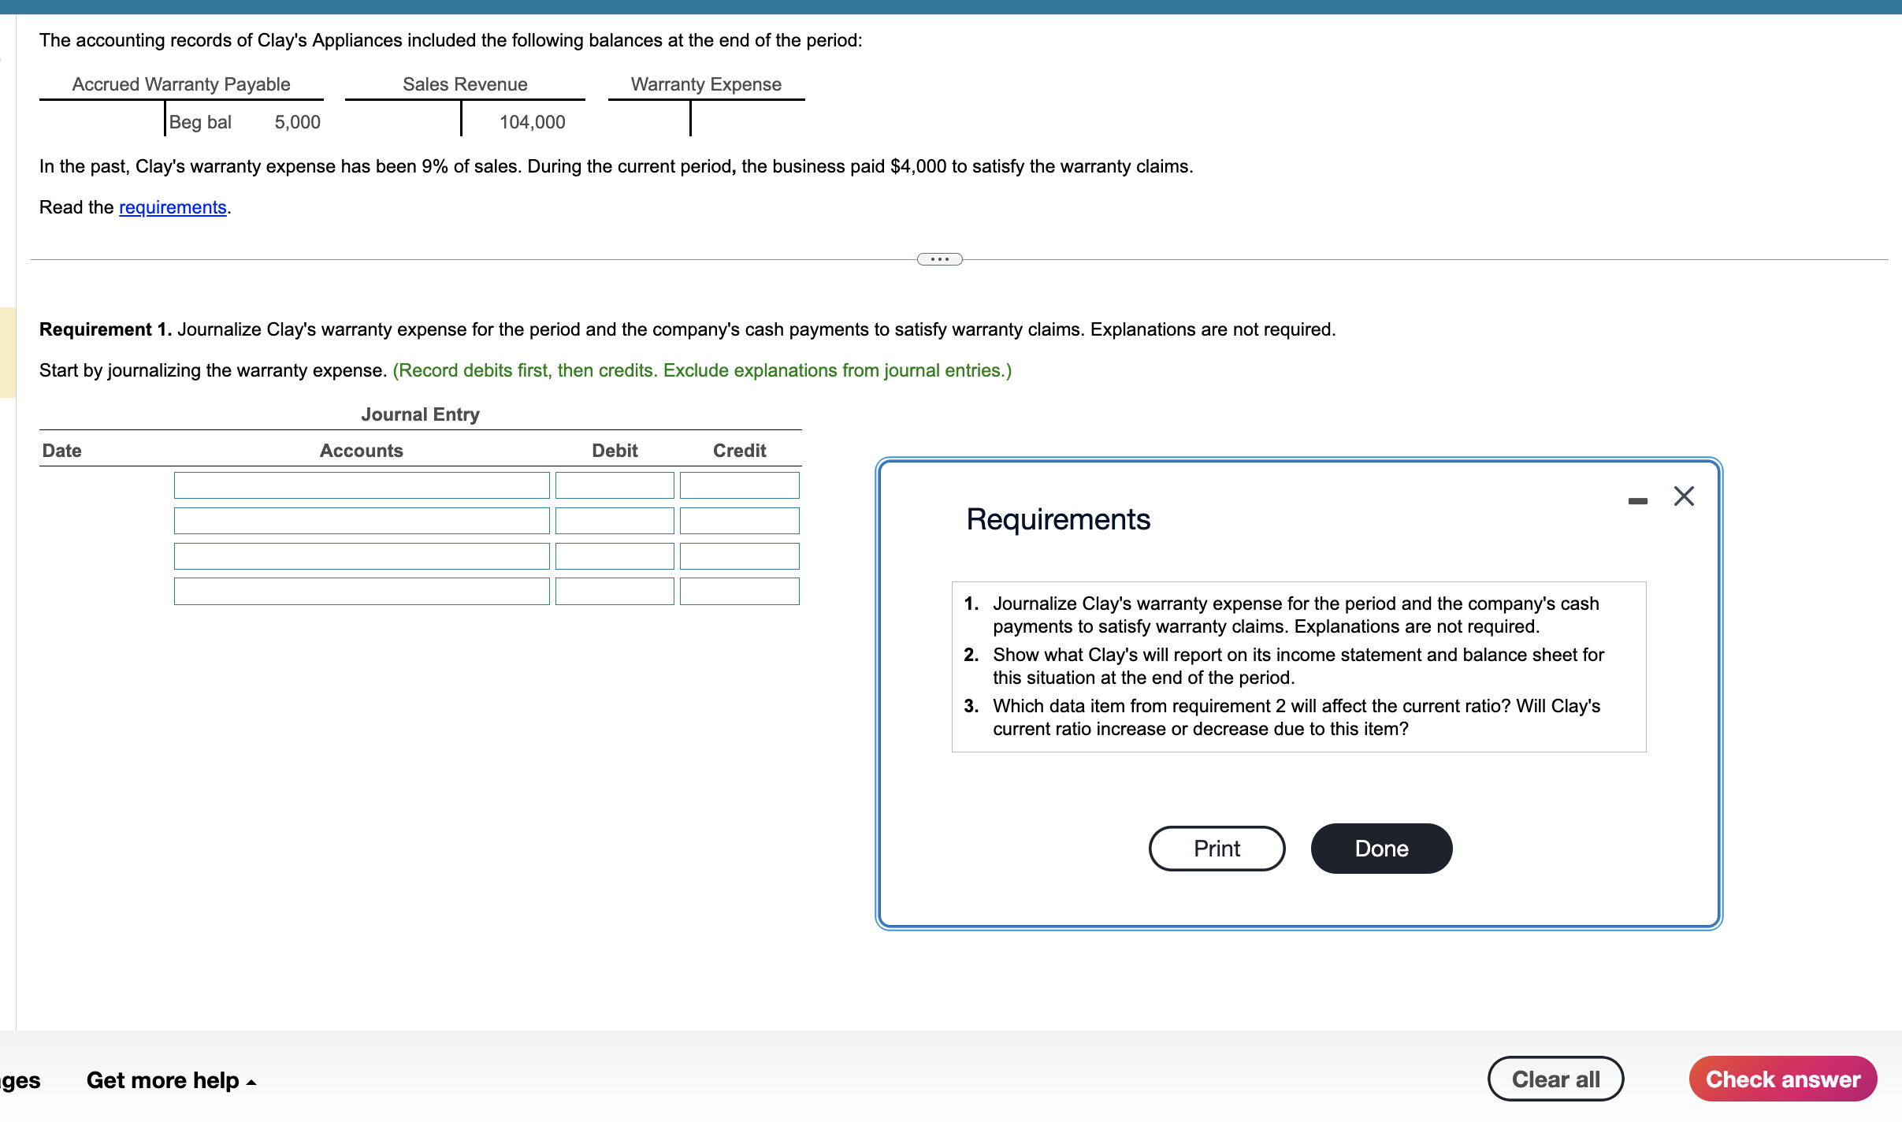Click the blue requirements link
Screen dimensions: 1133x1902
tap(173, 207)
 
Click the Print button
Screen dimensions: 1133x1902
tap(1217, 849)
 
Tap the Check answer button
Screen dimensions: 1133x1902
tap(1782, 1079)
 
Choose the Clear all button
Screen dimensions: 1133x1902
tap(1555, 1079)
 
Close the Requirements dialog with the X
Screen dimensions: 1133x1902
tap(1684, 496)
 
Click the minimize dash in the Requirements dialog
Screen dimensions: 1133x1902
tap(1637, 501)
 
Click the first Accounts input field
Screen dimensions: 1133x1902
tap(362, 485)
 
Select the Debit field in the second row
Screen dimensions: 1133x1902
tap(615, 521)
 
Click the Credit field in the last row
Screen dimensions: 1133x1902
tap(739, 592)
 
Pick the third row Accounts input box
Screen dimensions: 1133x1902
tap(362, 556)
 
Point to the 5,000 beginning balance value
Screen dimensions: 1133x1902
tap(297, 122)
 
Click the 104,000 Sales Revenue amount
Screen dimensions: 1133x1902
tap(532, 122)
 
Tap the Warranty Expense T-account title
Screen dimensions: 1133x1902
tap(706, 84)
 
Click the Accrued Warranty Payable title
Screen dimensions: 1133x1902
tap(181, 84)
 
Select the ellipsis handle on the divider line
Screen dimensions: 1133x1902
tap(939, 259)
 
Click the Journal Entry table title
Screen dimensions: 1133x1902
tap(420, 414)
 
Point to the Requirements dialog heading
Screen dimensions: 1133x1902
tap(1058, 519)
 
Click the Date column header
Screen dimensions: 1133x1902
tap(62, 451)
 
